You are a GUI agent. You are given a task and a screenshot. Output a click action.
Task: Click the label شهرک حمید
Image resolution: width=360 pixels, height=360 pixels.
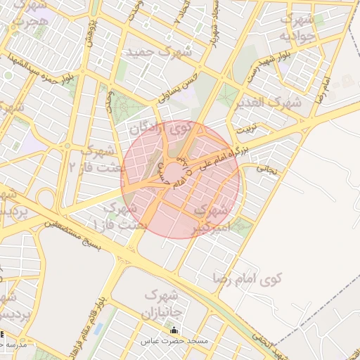pyautogui.click(x=158, y=53)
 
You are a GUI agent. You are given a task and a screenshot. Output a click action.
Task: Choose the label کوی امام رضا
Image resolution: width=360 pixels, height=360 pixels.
pyautogui.click(x=250, y=279)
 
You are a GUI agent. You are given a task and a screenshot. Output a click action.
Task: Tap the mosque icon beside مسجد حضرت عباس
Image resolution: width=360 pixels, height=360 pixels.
pyautogui.click(x=174, y=330)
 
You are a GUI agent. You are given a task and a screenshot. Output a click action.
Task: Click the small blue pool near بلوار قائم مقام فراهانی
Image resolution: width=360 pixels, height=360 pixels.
pyautogui.click(x=96, y=328)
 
